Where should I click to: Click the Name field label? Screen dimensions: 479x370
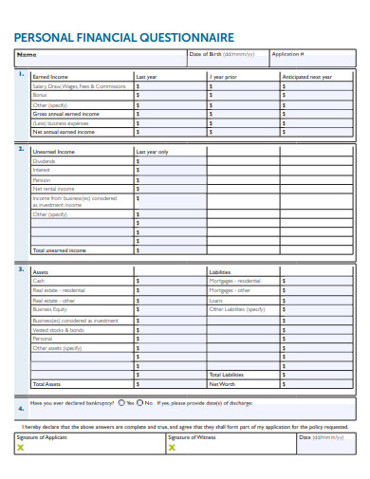tap(27, 55)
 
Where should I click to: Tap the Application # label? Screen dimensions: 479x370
tap(288, 55)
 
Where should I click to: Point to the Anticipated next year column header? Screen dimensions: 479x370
tap(307, 76)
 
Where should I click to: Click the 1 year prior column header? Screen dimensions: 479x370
tap(223, 76)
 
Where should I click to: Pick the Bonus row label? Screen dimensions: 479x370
tap(39, 95)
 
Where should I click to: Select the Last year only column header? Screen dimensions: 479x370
tap(153, 152)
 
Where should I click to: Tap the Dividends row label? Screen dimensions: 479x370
tap(44, 161)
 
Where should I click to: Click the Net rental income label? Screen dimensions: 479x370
tap(52, 189)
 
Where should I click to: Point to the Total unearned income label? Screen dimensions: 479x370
tap(59, 250)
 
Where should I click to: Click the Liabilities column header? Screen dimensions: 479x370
tap(220, 271)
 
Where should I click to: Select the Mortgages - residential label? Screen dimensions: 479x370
tap(234, 281)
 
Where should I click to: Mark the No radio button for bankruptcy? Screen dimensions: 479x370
tap(139, 403)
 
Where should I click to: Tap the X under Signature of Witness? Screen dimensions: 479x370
tap(172, 448)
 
